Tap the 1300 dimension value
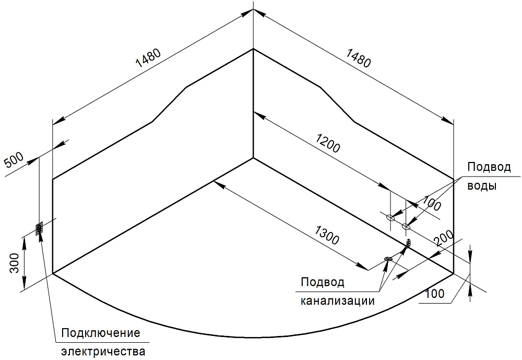[x=327, y=236]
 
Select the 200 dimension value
[x=443, y=239]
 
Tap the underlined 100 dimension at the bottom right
[x=434, y=294]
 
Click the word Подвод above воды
[x=489, y=168]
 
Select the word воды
[x=481, y=185]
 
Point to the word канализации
[x=337, y=301]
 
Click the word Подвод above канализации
[x=322, y=283]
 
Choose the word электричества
[x=103, y=351]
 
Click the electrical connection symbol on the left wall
[x=39, y=229]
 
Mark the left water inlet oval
[x=390, y=217]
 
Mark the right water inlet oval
[x=406, y=226]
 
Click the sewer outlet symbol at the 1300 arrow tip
[x=388, y=259]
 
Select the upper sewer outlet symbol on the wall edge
[x=409, y=242]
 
